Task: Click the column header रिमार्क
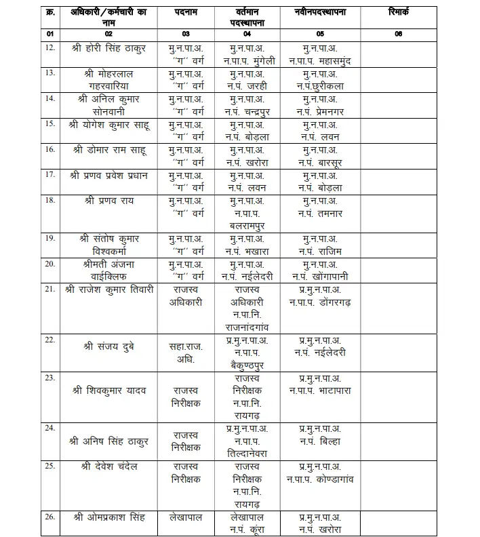[x=399, y=12]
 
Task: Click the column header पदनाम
[x=186, y=12]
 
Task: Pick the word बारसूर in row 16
[x=332, y=162]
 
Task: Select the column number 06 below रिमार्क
[x=399, y=33]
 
